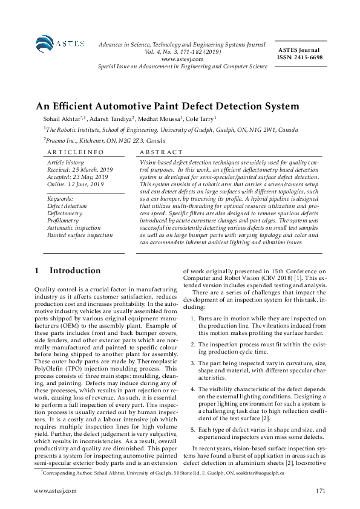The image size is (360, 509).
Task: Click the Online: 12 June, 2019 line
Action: (76, 184)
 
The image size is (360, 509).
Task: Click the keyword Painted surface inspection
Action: (80, 235)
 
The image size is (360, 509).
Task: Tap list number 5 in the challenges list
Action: (192, 429)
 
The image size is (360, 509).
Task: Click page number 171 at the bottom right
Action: (321, 490)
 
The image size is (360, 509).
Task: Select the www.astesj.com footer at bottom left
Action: (56, 490)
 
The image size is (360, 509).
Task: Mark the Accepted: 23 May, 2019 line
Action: (79, 177)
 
